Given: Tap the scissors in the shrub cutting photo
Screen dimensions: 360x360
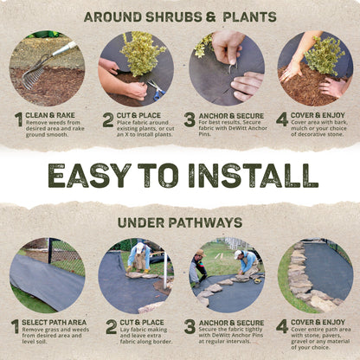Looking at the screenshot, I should (x=155, y=87).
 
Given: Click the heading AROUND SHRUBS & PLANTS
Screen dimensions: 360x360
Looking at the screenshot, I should (x=180, y=16).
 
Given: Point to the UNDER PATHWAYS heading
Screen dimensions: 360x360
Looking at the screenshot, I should (x=180, y=222).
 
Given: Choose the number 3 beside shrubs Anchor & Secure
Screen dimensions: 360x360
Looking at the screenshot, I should (x=190, y=120).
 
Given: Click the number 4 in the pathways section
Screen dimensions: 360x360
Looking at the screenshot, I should (x=282, y=326).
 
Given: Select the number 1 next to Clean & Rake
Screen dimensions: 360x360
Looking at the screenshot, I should (x=17, y=120).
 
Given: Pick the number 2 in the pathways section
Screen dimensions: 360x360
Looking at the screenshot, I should (x=111, y=326).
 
